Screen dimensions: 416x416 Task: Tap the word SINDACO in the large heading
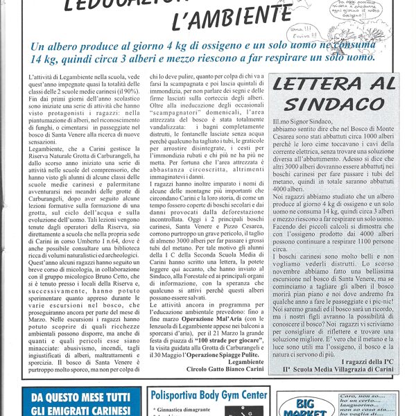(328, 104)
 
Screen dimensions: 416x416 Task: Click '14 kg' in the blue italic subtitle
(46, 60)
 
